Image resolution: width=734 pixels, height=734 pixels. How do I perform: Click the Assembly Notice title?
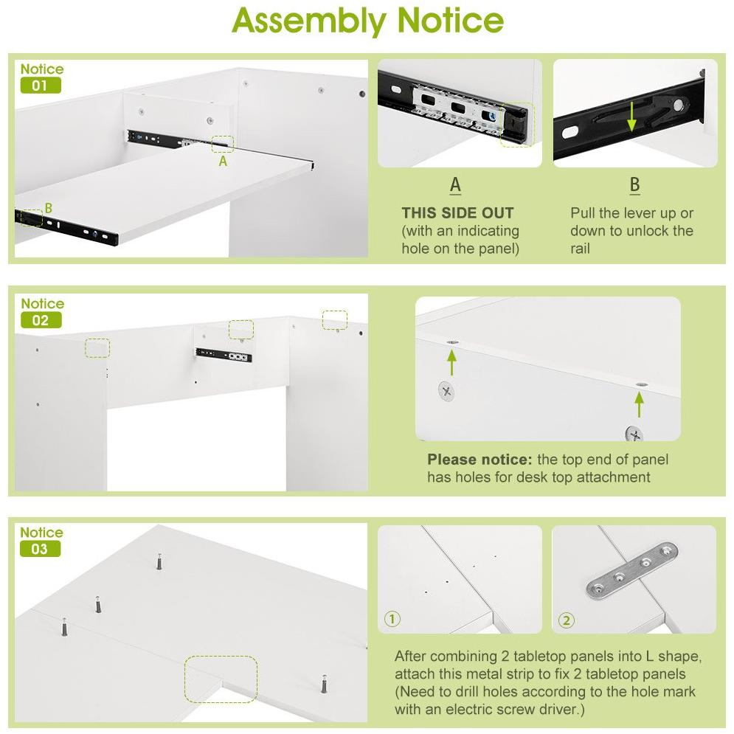tap(367, 22)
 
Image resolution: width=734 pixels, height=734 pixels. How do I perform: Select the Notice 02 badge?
tap(41, 312)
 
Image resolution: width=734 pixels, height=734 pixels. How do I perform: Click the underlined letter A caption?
tap(455, 185)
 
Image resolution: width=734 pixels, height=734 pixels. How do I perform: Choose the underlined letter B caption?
tap(634, 185)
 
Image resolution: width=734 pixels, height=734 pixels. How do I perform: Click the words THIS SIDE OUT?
tap(457, 213)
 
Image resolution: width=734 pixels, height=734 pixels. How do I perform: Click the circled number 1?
tap(392, 619)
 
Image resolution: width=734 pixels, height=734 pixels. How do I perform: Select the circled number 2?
tap(567, 620)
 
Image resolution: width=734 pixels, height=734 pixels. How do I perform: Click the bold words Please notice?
tap(479, 460)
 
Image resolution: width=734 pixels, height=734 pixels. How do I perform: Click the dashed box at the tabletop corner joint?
tap(221, 679)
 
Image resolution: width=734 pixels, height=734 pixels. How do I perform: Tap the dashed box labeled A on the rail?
tap(223, 144)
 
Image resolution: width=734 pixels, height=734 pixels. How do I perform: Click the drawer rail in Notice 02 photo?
tap(224, 356)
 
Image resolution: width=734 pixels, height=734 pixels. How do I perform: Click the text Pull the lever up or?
tap(631, 213)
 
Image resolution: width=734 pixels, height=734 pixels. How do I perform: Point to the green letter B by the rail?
tap(49, 208)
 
